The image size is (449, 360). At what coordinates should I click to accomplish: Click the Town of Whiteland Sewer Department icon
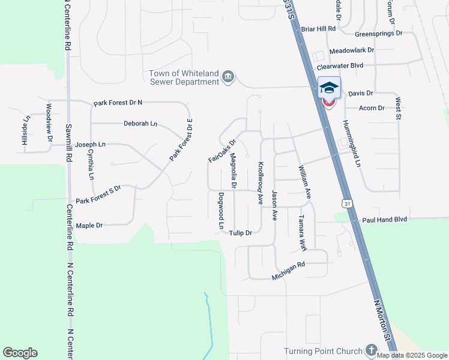228,77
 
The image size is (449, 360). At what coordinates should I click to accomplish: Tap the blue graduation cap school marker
328,88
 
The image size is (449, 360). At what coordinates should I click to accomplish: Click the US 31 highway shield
347,203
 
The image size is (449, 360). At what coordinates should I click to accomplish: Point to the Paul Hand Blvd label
384,220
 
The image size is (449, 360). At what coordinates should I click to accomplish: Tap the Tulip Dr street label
240,232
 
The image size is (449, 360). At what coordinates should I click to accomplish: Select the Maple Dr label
89,226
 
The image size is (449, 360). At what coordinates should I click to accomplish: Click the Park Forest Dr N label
118,103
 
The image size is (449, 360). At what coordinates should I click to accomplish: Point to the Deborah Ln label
140,124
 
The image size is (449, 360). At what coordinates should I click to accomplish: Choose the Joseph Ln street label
90,145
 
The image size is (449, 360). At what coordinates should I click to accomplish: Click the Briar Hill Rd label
318,28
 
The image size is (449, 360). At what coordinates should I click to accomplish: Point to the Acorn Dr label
371,108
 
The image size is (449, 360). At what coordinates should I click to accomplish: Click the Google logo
20,353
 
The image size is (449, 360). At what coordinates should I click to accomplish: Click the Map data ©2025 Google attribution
412,355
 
